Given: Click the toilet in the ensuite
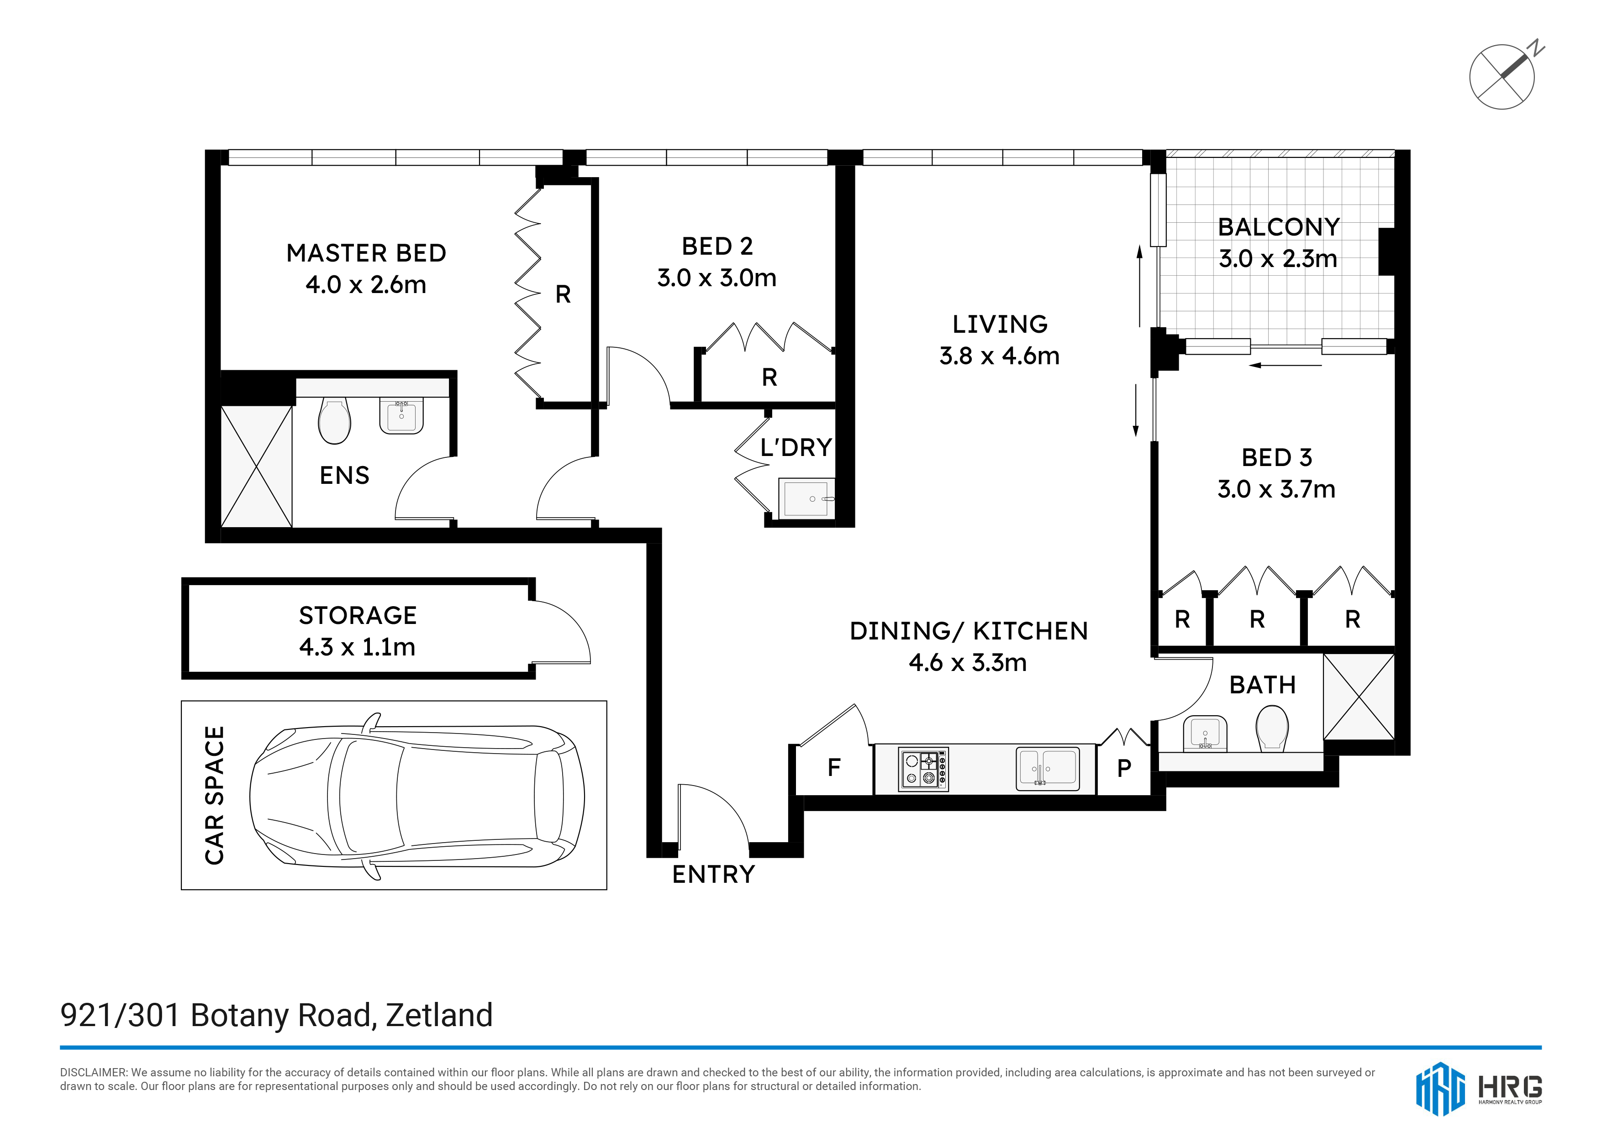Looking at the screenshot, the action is tap(334, 420).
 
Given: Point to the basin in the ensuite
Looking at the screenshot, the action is tap(401, 416).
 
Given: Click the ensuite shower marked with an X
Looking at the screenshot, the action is tap(256, 466).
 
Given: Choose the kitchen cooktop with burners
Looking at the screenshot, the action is tap(923, 769).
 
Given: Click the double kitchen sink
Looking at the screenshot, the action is tap(1047, 769).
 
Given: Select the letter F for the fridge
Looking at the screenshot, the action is tap(834, 768).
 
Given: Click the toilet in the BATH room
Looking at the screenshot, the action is tap(1271, 729).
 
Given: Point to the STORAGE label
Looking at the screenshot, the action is tap(358, 616).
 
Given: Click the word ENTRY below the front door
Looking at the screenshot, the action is tap(713, 875).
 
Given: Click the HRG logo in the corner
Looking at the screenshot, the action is tap(1479, 1089).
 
